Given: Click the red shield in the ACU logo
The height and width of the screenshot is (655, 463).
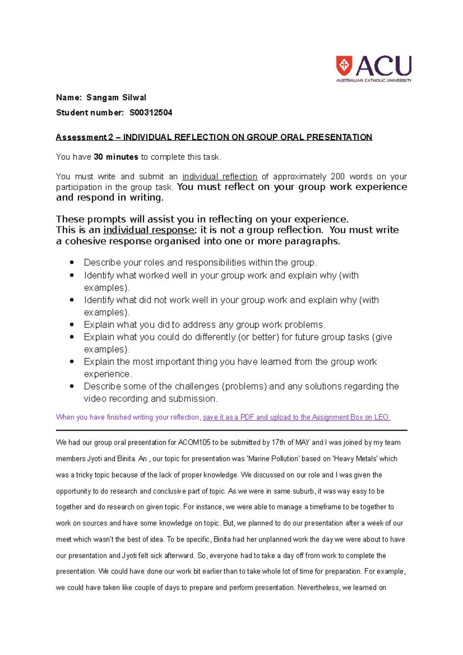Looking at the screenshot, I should tap(344, 66).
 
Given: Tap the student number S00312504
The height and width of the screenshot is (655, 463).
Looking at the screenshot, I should tap(151, 113).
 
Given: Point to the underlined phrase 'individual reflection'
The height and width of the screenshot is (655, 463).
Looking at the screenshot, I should tap(220, 177).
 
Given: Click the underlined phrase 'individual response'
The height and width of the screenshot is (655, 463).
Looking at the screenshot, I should tap(149, 230).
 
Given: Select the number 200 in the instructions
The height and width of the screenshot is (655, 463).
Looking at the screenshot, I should tap(338, 177).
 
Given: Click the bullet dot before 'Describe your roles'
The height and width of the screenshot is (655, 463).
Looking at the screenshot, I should tap(71, 262).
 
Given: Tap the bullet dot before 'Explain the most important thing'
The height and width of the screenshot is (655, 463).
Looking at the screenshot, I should tap(71, 361).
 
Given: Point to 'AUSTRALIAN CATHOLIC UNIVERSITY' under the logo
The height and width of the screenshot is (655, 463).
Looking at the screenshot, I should tap(373, 81).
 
